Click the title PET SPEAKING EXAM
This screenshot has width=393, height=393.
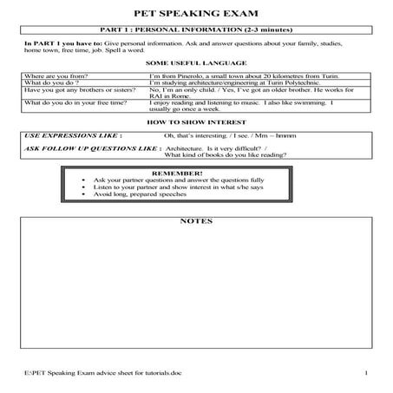[x=195, y=14]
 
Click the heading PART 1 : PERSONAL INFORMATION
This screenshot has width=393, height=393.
[x=195, y=31]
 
